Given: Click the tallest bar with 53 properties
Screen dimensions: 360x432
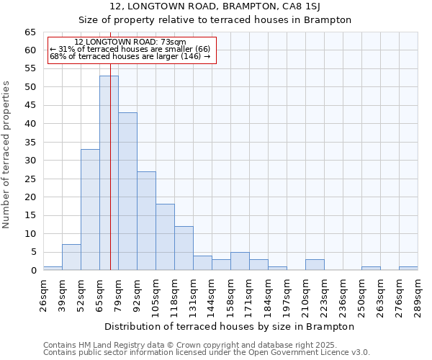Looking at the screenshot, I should click(109, 173).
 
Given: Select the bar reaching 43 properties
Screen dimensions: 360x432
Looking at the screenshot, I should click(127, 192).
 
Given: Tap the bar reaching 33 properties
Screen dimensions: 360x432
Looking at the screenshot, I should click(90, 210).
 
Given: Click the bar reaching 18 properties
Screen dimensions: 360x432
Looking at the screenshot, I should click(165, 237).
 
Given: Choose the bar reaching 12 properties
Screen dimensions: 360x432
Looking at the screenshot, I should click(184, 248).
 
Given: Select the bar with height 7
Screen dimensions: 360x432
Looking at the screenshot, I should click(71, 257).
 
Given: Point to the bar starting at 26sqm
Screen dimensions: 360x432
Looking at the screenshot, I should click(53, 268).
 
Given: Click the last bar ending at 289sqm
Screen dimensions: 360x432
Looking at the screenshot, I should click(408, 268).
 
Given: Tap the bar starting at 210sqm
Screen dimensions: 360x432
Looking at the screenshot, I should click(315, 265).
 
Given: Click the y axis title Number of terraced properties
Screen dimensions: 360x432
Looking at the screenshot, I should click(7, 154).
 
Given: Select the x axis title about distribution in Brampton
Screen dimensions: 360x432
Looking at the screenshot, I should click(230, 326).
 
